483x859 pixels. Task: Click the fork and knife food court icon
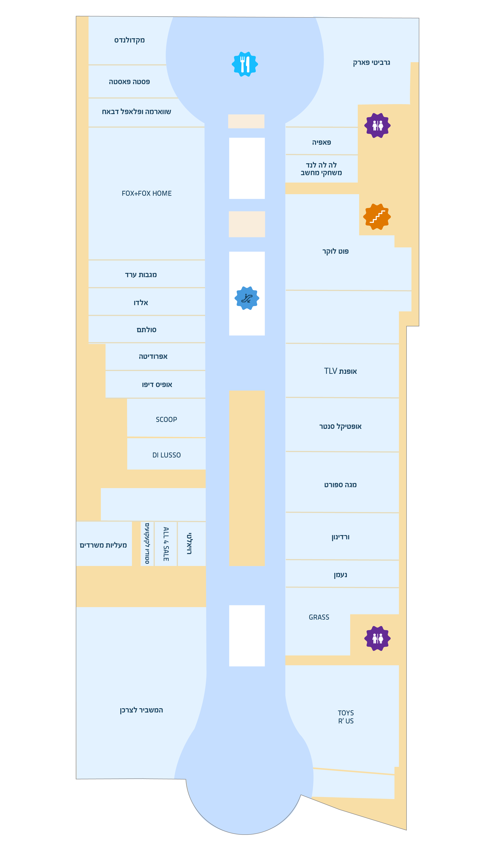(x=245, y=64)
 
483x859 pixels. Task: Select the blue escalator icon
(x=247, y=298)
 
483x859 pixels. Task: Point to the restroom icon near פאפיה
(x=377, y=125)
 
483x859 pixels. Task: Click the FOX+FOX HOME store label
(x=147, y=193)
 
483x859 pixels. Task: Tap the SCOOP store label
(x=166, y=419)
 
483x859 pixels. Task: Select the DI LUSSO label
(x=166, y=455)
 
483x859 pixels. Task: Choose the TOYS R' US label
(x=346, y=717)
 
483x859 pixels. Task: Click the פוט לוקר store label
(x=335, y=251)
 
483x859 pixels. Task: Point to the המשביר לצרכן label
(x=141, y=710)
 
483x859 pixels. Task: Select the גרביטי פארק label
(x=371, y=63)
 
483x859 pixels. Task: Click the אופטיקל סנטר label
(x=340, y=427)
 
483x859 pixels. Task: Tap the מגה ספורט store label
(x=340, y=485)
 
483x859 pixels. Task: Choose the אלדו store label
(x=141, y=303)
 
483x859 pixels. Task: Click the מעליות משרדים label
(x=103, y=545)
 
